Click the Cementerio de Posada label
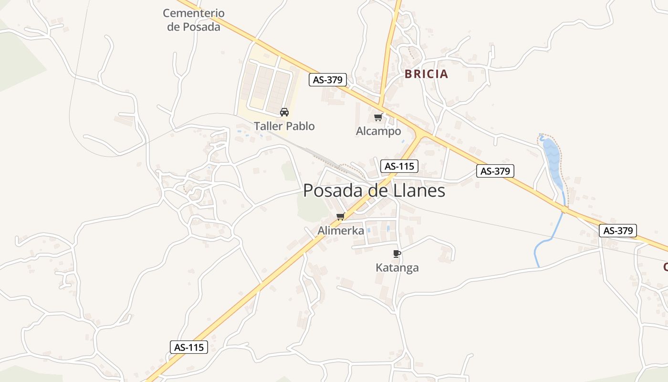point(194,20)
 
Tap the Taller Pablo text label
point(284,126)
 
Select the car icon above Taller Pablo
point(284,112)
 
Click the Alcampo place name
point(378,131)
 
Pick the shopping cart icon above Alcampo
point(378,117)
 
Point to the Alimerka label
point(341,231)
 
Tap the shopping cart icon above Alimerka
point(341,217)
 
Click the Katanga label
point(397,267)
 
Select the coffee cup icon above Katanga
point(397,254)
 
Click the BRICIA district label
point(426,74)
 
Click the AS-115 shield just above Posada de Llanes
point(399,166)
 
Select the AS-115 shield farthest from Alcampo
point(189,347)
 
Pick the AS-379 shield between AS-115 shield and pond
point(495,171)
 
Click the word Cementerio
point(194,13)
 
